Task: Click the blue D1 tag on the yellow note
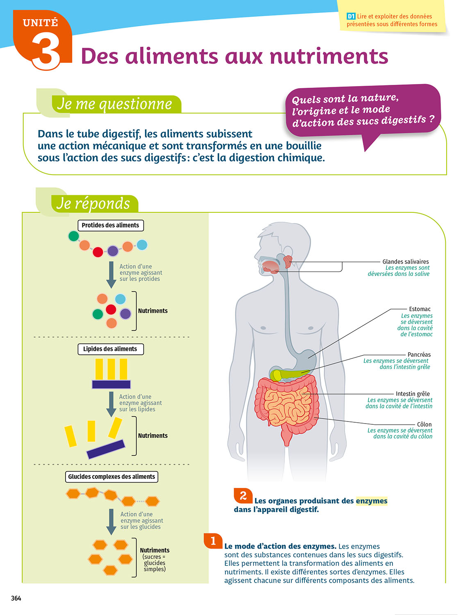click(351, 16)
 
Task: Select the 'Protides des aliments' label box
click(111, 225)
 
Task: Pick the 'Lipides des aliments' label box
click(111, 349)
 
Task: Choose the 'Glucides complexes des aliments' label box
click(111, 476)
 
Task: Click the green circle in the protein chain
click(74, 236)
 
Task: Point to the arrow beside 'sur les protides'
click(111, 274)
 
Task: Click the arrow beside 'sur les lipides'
click(111, 404)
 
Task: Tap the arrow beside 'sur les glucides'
click(111, 522)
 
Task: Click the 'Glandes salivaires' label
click(405, 262)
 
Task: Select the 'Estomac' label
click(420, 309)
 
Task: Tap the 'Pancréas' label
click(419, 355)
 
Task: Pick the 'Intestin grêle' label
click(413, 394)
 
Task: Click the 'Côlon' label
click(424, 424)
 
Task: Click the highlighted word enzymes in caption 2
click(371, 501)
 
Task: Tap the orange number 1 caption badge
click(213, 541)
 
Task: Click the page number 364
click(16, 598)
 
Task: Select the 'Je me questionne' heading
click(115, 104)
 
